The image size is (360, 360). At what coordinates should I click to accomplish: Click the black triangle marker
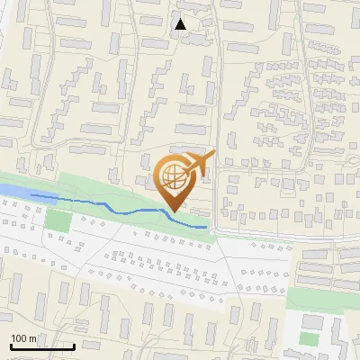181,24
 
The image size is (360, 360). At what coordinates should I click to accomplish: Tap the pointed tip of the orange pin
175,211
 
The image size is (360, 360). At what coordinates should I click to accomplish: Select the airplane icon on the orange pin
196,165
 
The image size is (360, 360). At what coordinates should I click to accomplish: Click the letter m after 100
34,337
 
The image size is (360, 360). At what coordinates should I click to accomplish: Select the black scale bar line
41,346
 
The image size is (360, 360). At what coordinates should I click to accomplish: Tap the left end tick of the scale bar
10,345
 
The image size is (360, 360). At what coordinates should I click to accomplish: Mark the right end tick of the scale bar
74,345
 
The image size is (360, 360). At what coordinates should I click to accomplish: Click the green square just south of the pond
58,220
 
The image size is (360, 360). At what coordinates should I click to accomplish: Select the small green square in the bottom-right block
310,339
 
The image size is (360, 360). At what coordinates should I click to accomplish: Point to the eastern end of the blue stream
206,226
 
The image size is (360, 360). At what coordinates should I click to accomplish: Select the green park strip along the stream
99,189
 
